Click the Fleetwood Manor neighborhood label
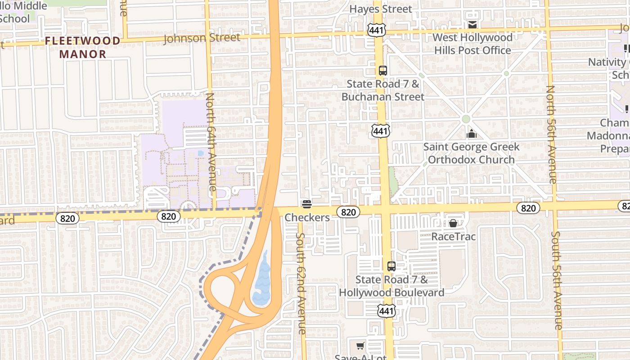coord(82,47)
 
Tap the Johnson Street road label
coord(202,38)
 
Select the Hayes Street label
coord(380,9)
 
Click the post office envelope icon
coord(472,24)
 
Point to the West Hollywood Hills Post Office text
coord(472,44)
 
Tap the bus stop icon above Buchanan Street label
coord(383,71)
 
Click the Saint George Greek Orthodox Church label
coord(471,153)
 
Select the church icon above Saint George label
coord(471,134)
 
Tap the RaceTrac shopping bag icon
coord(453,223)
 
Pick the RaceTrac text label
coord(453,236)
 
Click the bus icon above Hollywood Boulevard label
coord(391,266)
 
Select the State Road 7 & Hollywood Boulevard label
coord(391,286)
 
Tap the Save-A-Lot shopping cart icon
coord(360,346)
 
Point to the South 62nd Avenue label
coord(301,283)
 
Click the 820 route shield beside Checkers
coord(348,212)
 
